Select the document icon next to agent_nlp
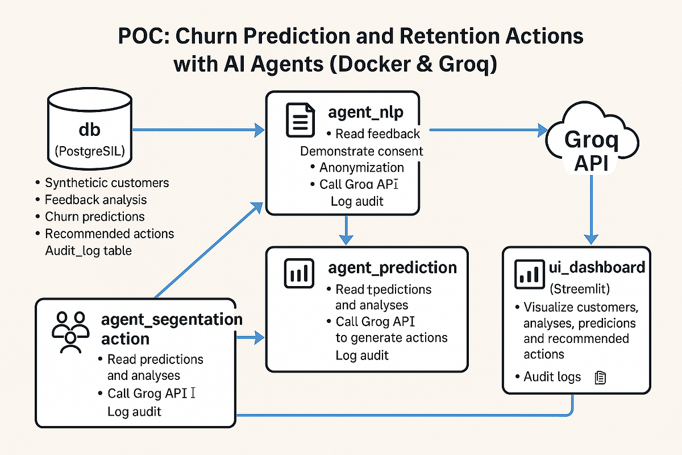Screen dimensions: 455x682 pyautogui.click(x=300, y=119)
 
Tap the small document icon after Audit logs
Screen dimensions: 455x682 pyautogui.click(x=600, y=377)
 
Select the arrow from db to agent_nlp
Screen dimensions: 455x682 pyautogui.click(x=199, y=130)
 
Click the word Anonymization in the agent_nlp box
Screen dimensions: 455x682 pyautogui.click(x=361, y=167)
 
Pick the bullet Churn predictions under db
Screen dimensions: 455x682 pyautogui.click(x=94, y=217)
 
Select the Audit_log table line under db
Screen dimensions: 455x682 pyautogui.click(x=88, y=250)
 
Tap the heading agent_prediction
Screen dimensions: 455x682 pyautogui.click(x=392, y=267)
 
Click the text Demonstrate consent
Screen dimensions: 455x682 pyautogui.click(x=361, y=151)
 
